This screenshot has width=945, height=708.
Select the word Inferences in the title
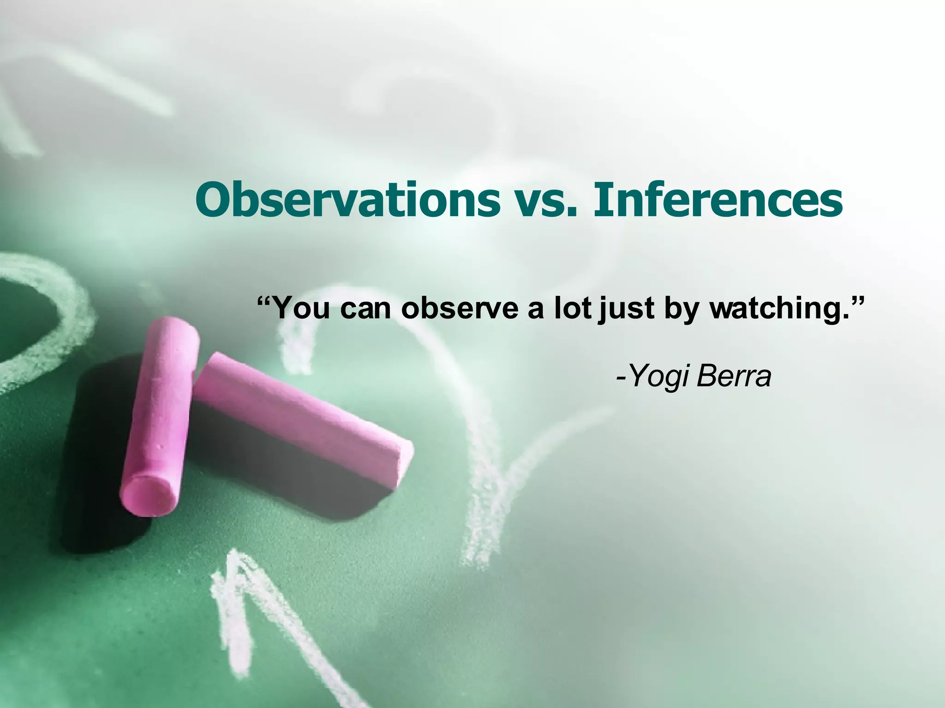coord(718,201)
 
